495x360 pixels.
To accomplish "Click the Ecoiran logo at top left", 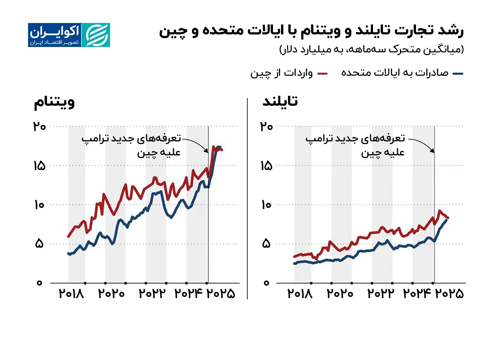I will coord(69,35).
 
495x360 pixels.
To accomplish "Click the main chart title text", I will coord(311,31).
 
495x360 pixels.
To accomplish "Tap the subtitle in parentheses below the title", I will coord(371,50).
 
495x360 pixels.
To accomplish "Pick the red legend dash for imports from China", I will coord(322,74).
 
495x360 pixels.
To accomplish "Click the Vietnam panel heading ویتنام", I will coord(54,102).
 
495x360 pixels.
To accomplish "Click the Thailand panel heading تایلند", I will coord(280,101).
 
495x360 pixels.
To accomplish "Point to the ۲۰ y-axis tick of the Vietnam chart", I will coord(39,127).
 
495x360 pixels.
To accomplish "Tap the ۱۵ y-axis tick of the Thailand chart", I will coord(266,166).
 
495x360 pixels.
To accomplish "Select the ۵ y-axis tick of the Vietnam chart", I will coord(39,244).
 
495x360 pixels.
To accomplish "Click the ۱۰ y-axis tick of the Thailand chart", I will coord(266,205).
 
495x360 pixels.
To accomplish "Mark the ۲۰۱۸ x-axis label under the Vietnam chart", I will coord(71,294).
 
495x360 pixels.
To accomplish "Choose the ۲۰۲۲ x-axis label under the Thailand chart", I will coord(380,294).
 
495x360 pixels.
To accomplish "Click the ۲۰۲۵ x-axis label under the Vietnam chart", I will coord(221,294).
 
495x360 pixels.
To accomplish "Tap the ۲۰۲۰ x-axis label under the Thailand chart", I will coord(340,294).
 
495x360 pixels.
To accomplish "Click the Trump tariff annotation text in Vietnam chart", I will coord(131,145).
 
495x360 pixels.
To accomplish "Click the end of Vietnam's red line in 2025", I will coord(222,150).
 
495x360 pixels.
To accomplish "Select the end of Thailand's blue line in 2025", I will coord(447,220).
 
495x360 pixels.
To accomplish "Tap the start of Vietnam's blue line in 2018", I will coord(68,254).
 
